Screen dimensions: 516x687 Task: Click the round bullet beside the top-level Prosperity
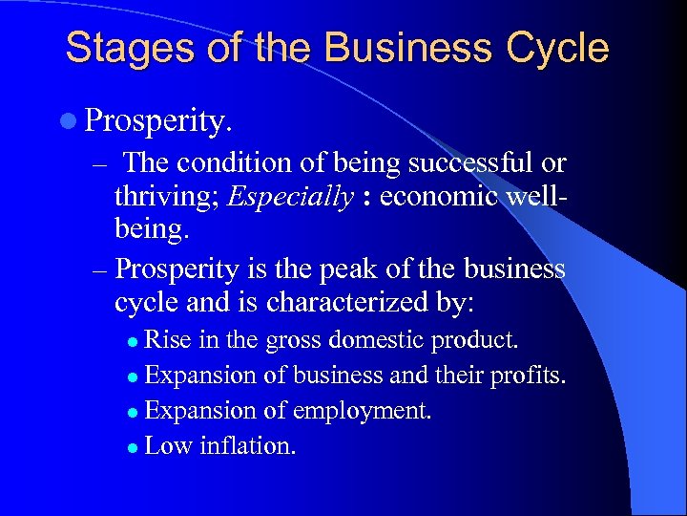(x=73, y=122)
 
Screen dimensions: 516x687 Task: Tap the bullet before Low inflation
(x=135, y=447)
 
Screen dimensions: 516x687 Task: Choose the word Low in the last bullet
(x=170, y=445)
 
